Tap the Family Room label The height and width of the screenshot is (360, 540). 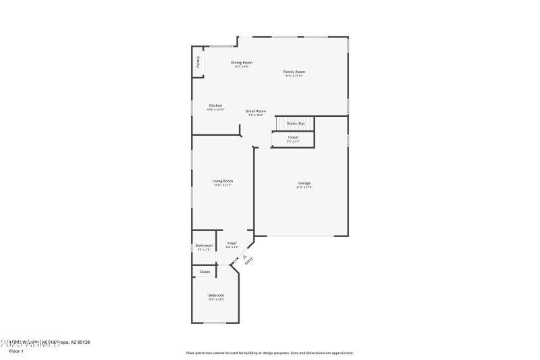click(295, 72)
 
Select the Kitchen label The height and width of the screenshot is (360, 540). click(215, 105)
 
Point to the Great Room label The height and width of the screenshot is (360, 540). click(255, 111)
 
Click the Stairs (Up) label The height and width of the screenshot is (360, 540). click(296, 124)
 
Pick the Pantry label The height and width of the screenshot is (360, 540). click(198, 61)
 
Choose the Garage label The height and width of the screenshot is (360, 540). click(304, 183)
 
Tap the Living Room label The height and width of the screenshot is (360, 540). click(223, 181)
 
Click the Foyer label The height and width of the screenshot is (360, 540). click(232, 242)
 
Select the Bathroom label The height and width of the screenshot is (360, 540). click(204, 245)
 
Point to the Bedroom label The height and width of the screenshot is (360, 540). click(216, 295)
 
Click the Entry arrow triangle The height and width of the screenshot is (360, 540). click(245, 257)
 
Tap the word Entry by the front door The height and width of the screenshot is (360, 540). click(249, 261)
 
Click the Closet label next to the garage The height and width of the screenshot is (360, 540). click(293, 137)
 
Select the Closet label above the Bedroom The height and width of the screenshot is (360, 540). click(205, 272)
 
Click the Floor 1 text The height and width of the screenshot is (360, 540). click(16, 351)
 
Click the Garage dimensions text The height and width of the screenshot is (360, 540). click(304, 187)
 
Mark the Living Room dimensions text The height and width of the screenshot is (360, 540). click(223, 185)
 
